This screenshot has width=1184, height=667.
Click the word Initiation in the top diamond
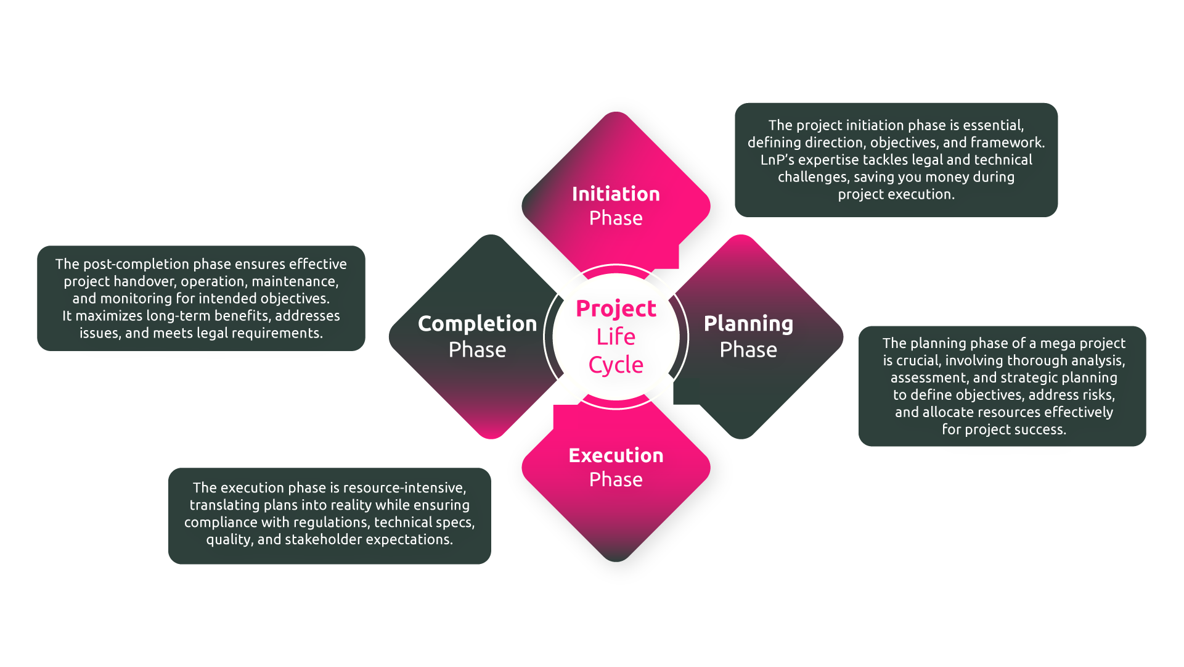coord(616,194)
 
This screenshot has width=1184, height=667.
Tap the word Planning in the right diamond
coord(748,324)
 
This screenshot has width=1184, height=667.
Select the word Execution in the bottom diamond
coord(616,455)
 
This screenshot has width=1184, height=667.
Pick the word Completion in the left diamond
coord(477,324)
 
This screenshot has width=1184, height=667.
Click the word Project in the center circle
coord(616,308)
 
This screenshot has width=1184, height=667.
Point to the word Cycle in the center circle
coord(616,365)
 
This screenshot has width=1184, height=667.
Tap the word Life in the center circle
coord(616,336)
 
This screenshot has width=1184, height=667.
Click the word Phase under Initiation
coord(616,218)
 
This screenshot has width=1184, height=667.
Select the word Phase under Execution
coord(616,479)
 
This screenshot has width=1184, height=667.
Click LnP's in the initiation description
coord(777,160)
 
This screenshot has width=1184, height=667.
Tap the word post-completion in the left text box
coord(136,264)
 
